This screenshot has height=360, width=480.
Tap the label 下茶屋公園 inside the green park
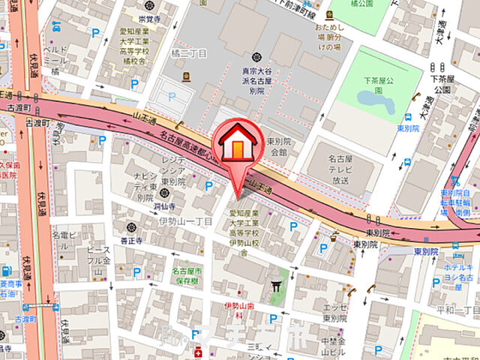tap(379, 82)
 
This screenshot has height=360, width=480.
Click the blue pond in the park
tap(369, 98)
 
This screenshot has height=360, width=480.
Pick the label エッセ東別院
tap(335, 312)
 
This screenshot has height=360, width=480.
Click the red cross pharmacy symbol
tap(198, 353)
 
